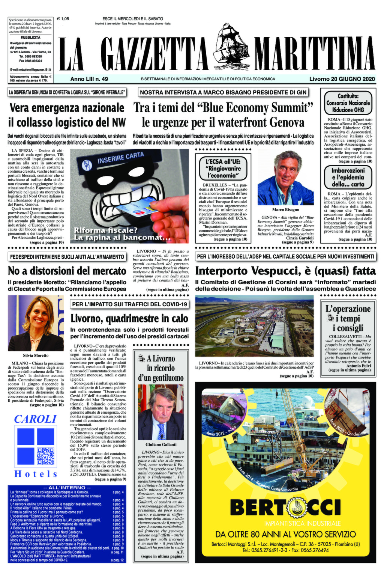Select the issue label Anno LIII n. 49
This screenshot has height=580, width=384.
click(89, 79)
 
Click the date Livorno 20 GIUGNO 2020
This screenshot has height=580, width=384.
click(342, 79)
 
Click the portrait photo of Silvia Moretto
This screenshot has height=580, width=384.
click(36, 323)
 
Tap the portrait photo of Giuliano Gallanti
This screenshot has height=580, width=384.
click(160, 412)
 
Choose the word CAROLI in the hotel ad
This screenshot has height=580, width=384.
click(35, 419)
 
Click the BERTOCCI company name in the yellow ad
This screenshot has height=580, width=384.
click(285, 508)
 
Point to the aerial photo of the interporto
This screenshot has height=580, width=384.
click(254, 325)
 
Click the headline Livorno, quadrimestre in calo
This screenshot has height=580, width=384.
click(129, 319)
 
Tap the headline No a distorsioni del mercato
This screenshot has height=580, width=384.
click(67, 271)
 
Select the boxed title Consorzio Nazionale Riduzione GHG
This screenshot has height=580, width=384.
click(348, 102)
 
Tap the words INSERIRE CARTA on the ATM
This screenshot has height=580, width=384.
click(120, 158)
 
